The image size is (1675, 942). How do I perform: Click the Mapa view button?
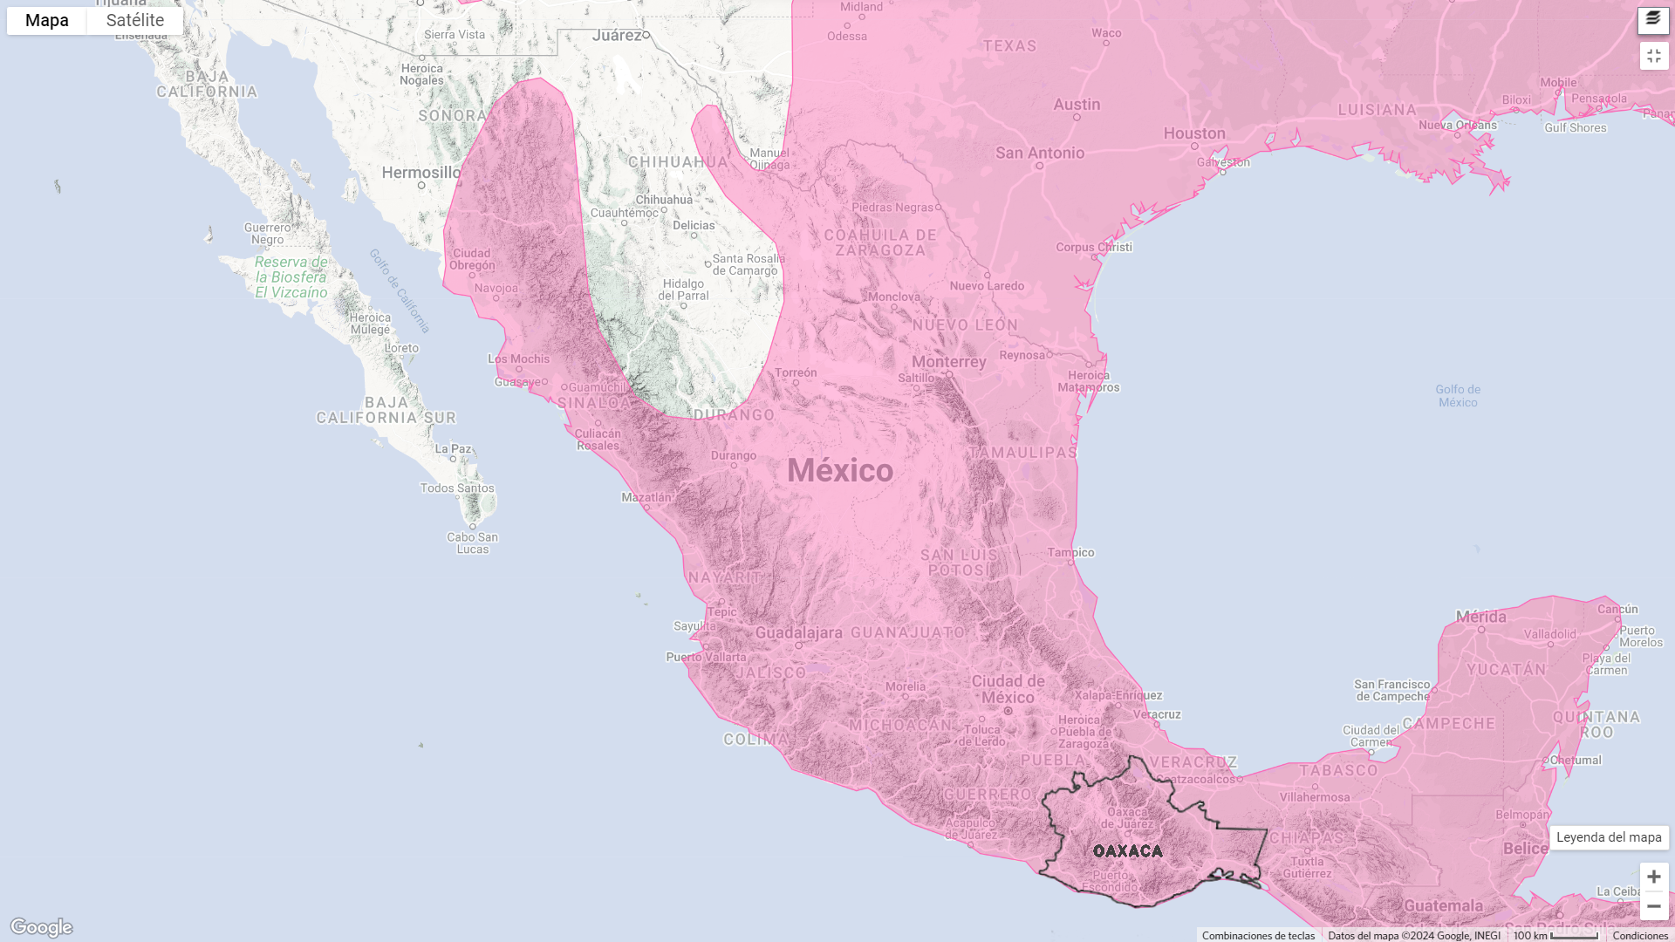tap(47, 20)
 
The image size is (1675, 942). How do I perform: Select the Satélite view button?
tap(135, 20)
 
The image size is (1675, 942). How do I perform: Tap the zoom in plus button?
tap(1653, 877)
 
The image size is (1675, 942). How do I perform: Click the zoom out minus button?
tap(1653, 906)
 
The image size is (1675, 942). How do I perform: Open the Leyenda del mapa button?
tap(1609, 837)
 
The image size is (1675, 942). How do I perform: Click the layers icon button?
tap(1653, 19)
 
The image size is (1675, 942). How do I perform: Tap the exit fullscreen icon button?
tap(1653, 56)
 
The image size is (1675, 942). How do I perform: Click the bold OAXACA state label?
tap(1128, 851)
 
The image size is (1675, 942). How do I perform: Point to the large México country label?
tap(840, 471)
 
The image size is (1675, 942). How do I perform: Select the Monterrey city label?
tap(949, 362)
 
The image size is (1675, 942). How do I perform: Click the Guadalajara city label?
tap(799, 633)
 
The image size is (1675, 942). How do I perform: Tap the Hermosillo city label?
tap(421, 173)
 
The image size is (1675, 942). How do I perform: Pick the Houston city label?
tap(1194, 133)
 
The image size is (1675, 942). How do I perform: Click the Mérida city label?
tap(1480, 617)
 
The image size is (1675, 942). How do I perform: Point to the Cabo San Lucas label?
tap(473, 543)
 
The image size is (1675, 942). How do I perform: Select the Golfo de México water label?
tap(1458, 396)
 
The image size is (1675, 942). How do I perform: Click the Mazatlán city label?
tap(646, 497)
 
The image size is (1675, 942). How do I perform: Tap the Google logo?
tap(41, 927)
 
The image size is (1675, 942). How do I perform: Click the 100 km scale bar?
tap(1555, 936)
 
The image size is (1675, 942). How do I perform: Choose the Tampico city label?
tap(1070, 552)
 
